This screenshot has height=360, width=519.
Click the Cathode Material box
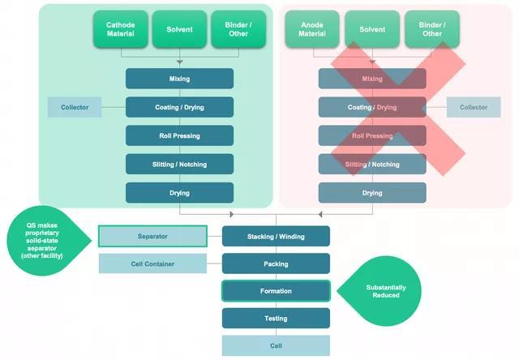(x=121, y=29)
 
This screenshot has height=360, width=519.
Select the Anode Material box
(x=312, y=29)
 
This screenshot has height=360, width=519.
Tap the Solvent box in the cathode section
(x=179, y=29)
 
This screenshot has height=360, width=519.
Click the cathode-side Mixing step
(x=179, y=79)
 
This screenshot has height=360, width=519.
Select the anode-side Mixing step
(x=372, y=79)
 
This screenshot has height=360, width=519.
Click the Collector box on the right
(x=474, y=107)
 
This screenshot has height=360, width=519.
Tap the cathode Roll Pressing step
(x=179, y=135)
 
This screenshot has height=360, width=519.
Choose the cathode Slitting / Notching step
(x=179, y=164)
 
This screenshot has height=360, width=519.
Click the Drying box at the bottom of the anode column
(x=372, y=193)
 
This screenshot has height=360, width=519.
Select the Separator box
(x=152, y=236)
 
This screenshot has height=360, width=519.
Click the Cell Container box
(x=152, y=264)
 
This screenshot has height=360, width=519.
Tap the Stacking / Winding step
(x=276, y=236)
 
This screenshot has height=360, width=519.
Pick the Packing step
(x=276, y=264)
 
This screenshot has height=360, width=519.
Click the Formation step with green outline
(x=276, y=291)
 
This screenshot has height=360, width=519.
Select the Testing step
(x=276, y=319)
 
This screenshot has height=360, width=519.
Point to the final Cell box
(x=276, y=345)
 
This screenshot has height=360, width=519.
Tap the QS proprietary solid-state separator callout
(x=47, y=242)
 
